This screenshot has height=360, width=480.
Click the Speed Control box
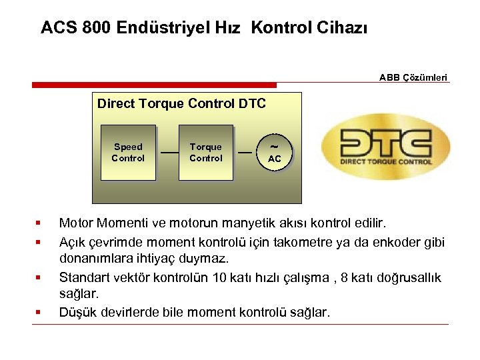[128, 153]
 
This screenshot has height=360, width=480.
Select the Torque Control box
[205, 153]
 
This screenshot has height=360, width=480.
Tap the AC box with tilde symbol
[274, 153]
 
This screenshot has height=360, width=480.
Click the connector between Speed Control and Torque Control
[167, 153]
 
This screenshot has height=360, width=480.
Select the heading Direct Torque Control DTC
[181, 103]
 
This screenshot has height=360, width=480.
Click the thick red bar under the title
[154, 85]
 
